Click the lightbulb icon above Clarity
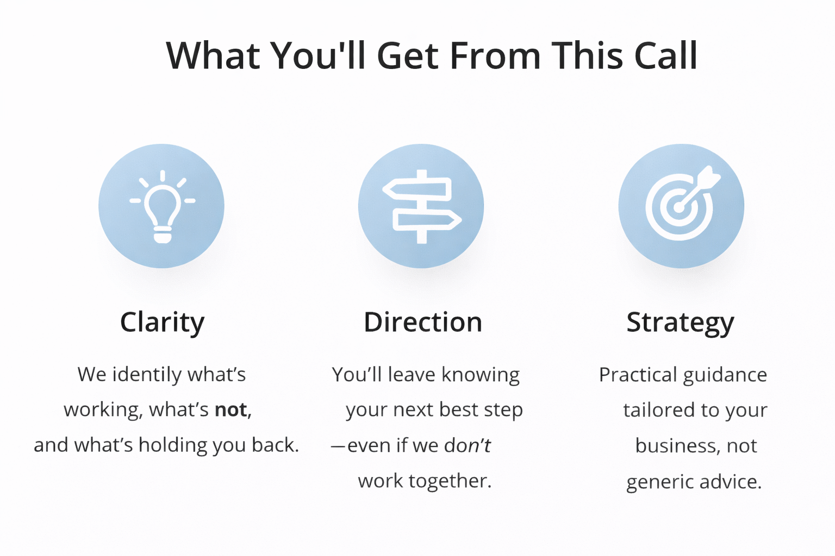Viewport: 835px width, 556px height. pyautogui.click(x=162, y=207)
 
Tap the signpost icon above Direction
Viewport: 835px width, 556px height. pyautogui.click(x=421, y=207)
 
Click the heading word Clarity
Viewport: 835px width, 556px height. pyautogui.click(x=162, y=323)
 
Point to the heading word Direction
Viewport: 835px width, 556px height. pyautogui.click(x=423, y=323)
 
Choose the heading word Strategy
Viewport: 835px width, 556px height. pyautogui.click(x=680, y=323)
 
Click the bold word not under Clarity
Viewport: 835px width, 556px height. pyautogui.click(x=231, y=410)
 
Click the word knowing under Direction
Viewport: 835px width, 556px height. pyautogui.click(x=481, y=375)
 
